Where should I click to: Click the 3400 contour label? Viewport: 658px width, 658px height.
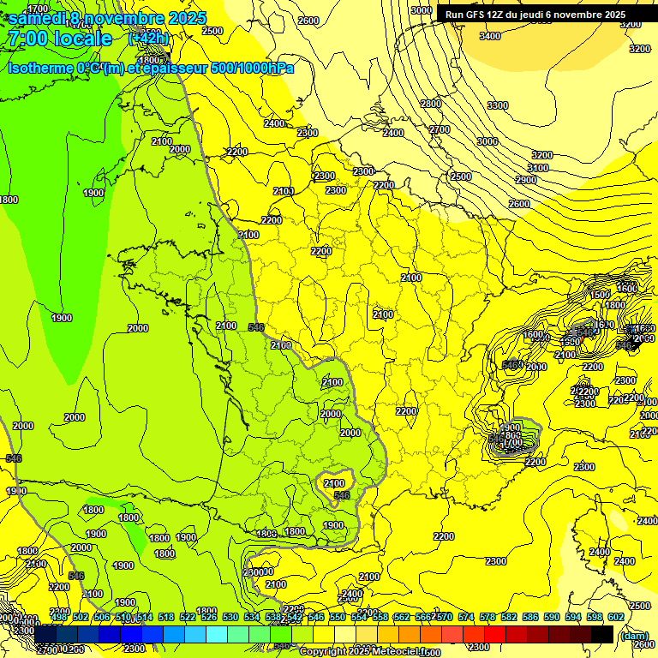coord(490,36)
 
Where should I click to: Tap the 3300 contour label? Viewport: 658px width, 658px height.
coord(497,105)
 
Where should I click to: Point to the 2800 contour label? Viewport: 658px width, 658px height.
coord(431,104)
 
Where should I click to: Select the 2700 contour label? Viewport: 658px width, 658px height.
coord(440,129)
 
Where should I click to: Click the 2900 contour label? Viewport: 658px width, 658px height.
coord(525,180)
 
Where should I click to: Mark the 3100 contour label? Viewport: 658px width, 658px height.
coord(537,168)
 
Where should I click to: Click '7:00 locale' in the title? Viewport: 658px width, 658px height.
coord(58,39)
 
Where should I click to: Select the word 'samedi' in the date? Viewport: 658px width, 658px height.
coord(35,17)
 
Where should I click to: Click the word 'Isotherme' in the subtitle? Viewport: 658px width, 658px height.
coord(40,68)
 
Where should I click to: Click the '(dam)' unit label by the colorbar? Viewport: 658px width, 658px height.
coord(634,636)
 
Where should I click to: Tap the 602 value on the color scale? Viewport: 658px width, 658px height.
coord(615,617)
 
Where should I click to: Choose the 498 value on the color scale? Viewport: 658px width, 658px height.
coord(59,617)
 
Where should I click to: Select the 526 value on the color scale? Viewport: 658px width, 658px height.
coord(209,617)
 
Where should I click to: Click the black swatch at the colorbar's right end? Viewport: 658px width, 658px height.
coord(602,634)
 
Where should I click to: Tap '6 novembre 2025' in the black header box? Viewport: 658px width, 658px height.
coord(587,15)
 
